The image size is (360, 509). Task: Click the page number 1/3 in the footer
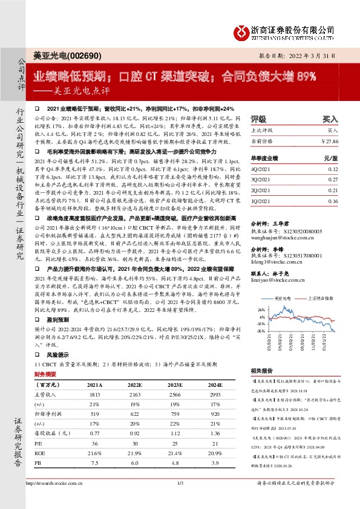pos(180,499)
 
